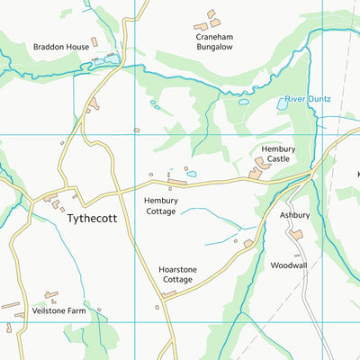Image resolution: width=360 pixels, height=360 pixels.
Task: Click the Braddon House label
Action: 61,46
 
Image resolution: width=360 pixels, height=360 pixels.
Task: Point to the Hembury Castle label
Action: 277,154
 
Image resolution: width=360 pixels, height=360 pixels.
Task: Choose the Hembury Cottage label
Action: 161,206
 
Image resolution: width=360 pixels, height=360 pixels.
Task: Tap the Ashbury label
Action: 294,215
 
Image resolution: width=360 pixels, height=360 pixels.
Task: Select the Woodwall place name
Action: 289,265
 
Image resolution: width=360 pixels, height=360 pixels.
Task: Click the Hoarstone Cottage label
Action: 176,274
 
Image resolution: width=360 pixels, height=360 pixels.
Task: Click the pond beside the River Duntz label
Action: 283,104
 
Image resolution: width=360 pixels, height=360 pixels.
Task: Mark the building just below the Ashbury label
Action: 296,235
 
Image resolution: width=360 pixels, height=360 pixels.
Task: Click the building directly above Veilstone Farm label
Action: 51,295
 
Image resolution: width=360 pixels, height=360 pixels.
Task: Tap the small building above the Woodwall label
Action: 248,243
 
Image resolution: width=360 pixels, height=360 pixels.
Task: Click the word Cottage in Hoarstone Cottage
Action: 176,280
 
